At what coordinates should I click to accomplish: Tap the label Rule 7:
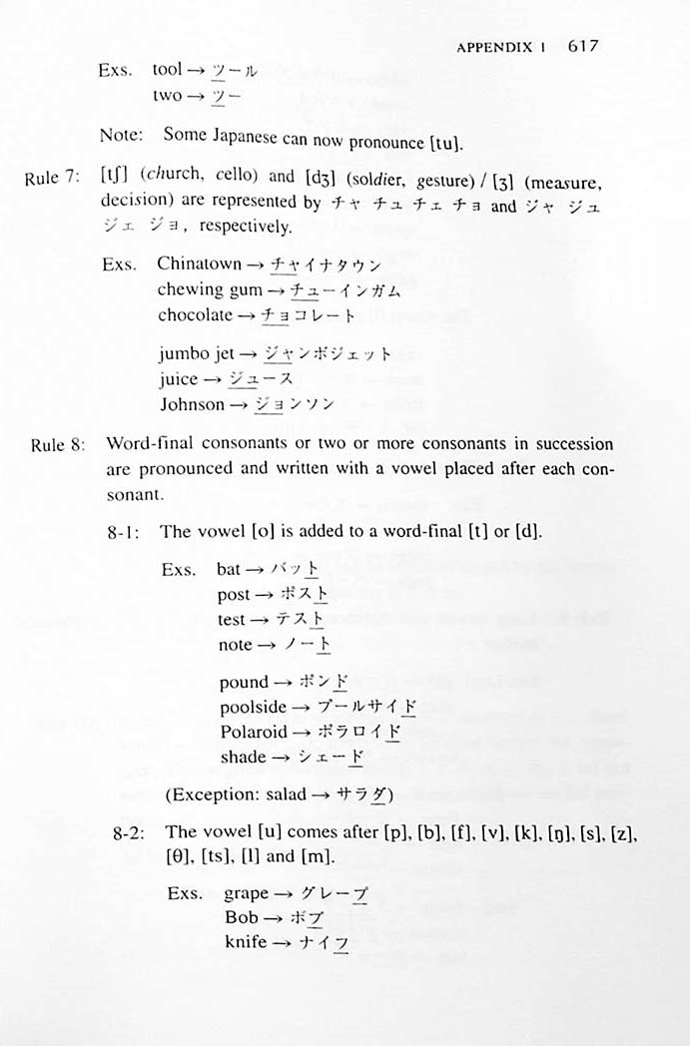(52, 178)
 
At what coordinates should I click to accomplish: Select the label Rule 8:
(57, 444)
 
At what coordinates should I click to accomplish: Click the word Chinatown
(199, 264)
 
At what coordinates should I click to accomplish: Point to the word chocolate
(195, 315)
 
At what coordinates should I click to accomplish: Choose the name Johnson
(192, 404)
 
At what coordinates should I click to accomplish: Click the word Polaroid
(253, 732)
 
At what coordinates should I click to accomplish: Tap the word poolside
(253, 707)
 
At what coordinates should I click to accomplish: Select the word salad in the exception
(300, 794)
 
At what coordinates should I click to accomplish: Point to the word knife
(246, 942)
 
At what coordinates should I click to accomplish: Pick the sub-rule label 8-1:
(127, 532)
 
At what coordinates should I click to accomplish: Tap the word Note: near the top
(121, 135)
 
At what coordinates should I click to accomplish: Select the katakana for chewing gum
(345, 290)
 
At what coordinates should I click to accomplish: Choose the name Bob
(241, 917)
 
